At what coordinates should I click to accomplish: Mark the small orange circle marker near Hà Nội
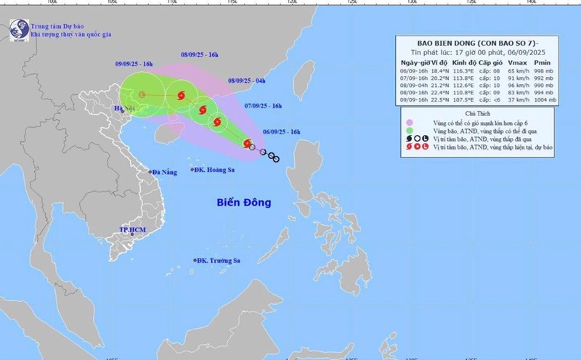(142, 94)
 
